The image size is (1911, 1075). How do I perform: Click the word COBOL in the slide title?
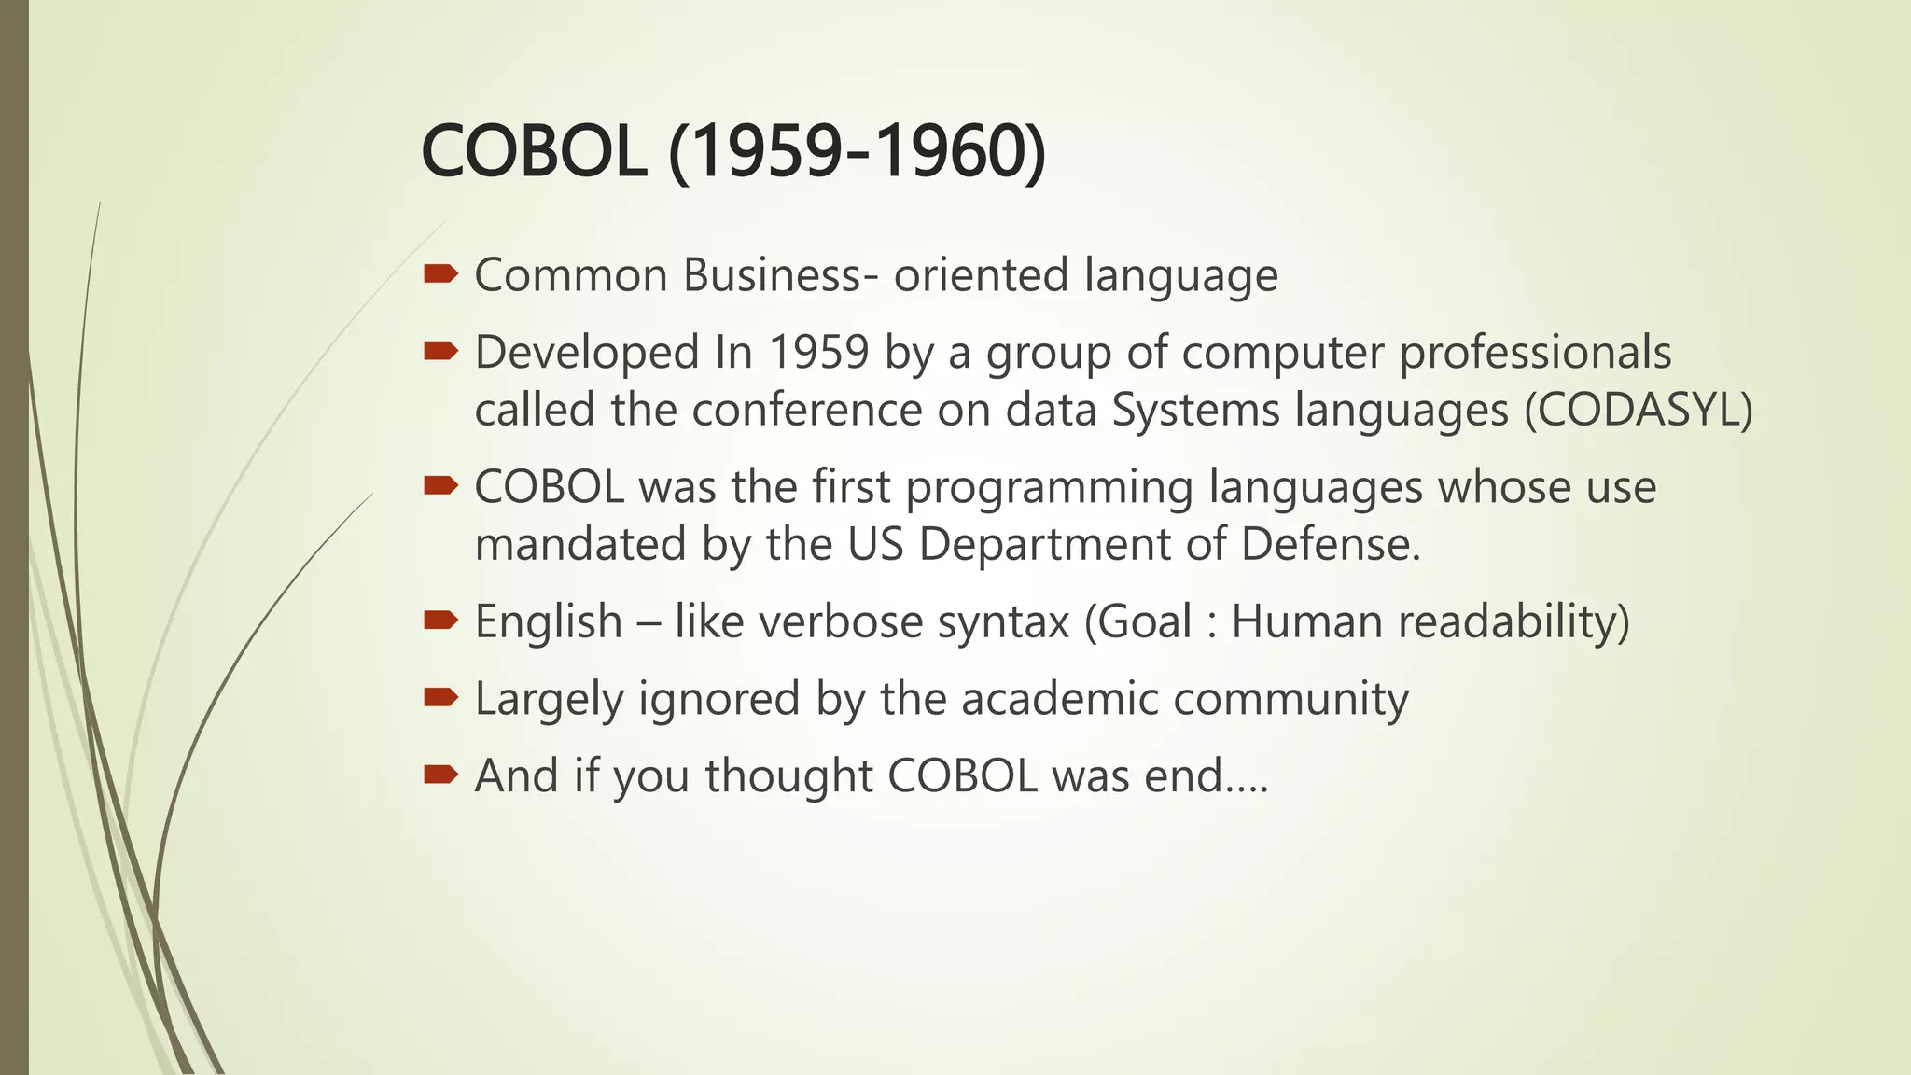(534, 152)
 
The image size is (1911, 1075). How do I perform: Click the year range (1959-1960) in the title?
(858, 152)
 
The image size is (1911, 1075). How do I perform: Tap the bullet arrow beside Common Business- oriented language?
(440, 273)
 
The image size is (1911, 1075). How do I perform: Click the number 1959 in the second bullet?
(819, 353)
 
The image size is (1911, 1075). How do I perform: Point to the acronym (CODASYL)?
(1639, 411)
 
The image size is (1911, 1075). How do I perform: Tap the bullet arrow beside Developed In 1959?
(440, 351)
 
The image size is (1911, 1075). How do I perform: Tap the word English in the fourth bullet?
(549, 622)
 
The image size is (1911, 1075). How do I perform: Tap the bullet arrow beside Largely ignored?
(440, 697)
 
